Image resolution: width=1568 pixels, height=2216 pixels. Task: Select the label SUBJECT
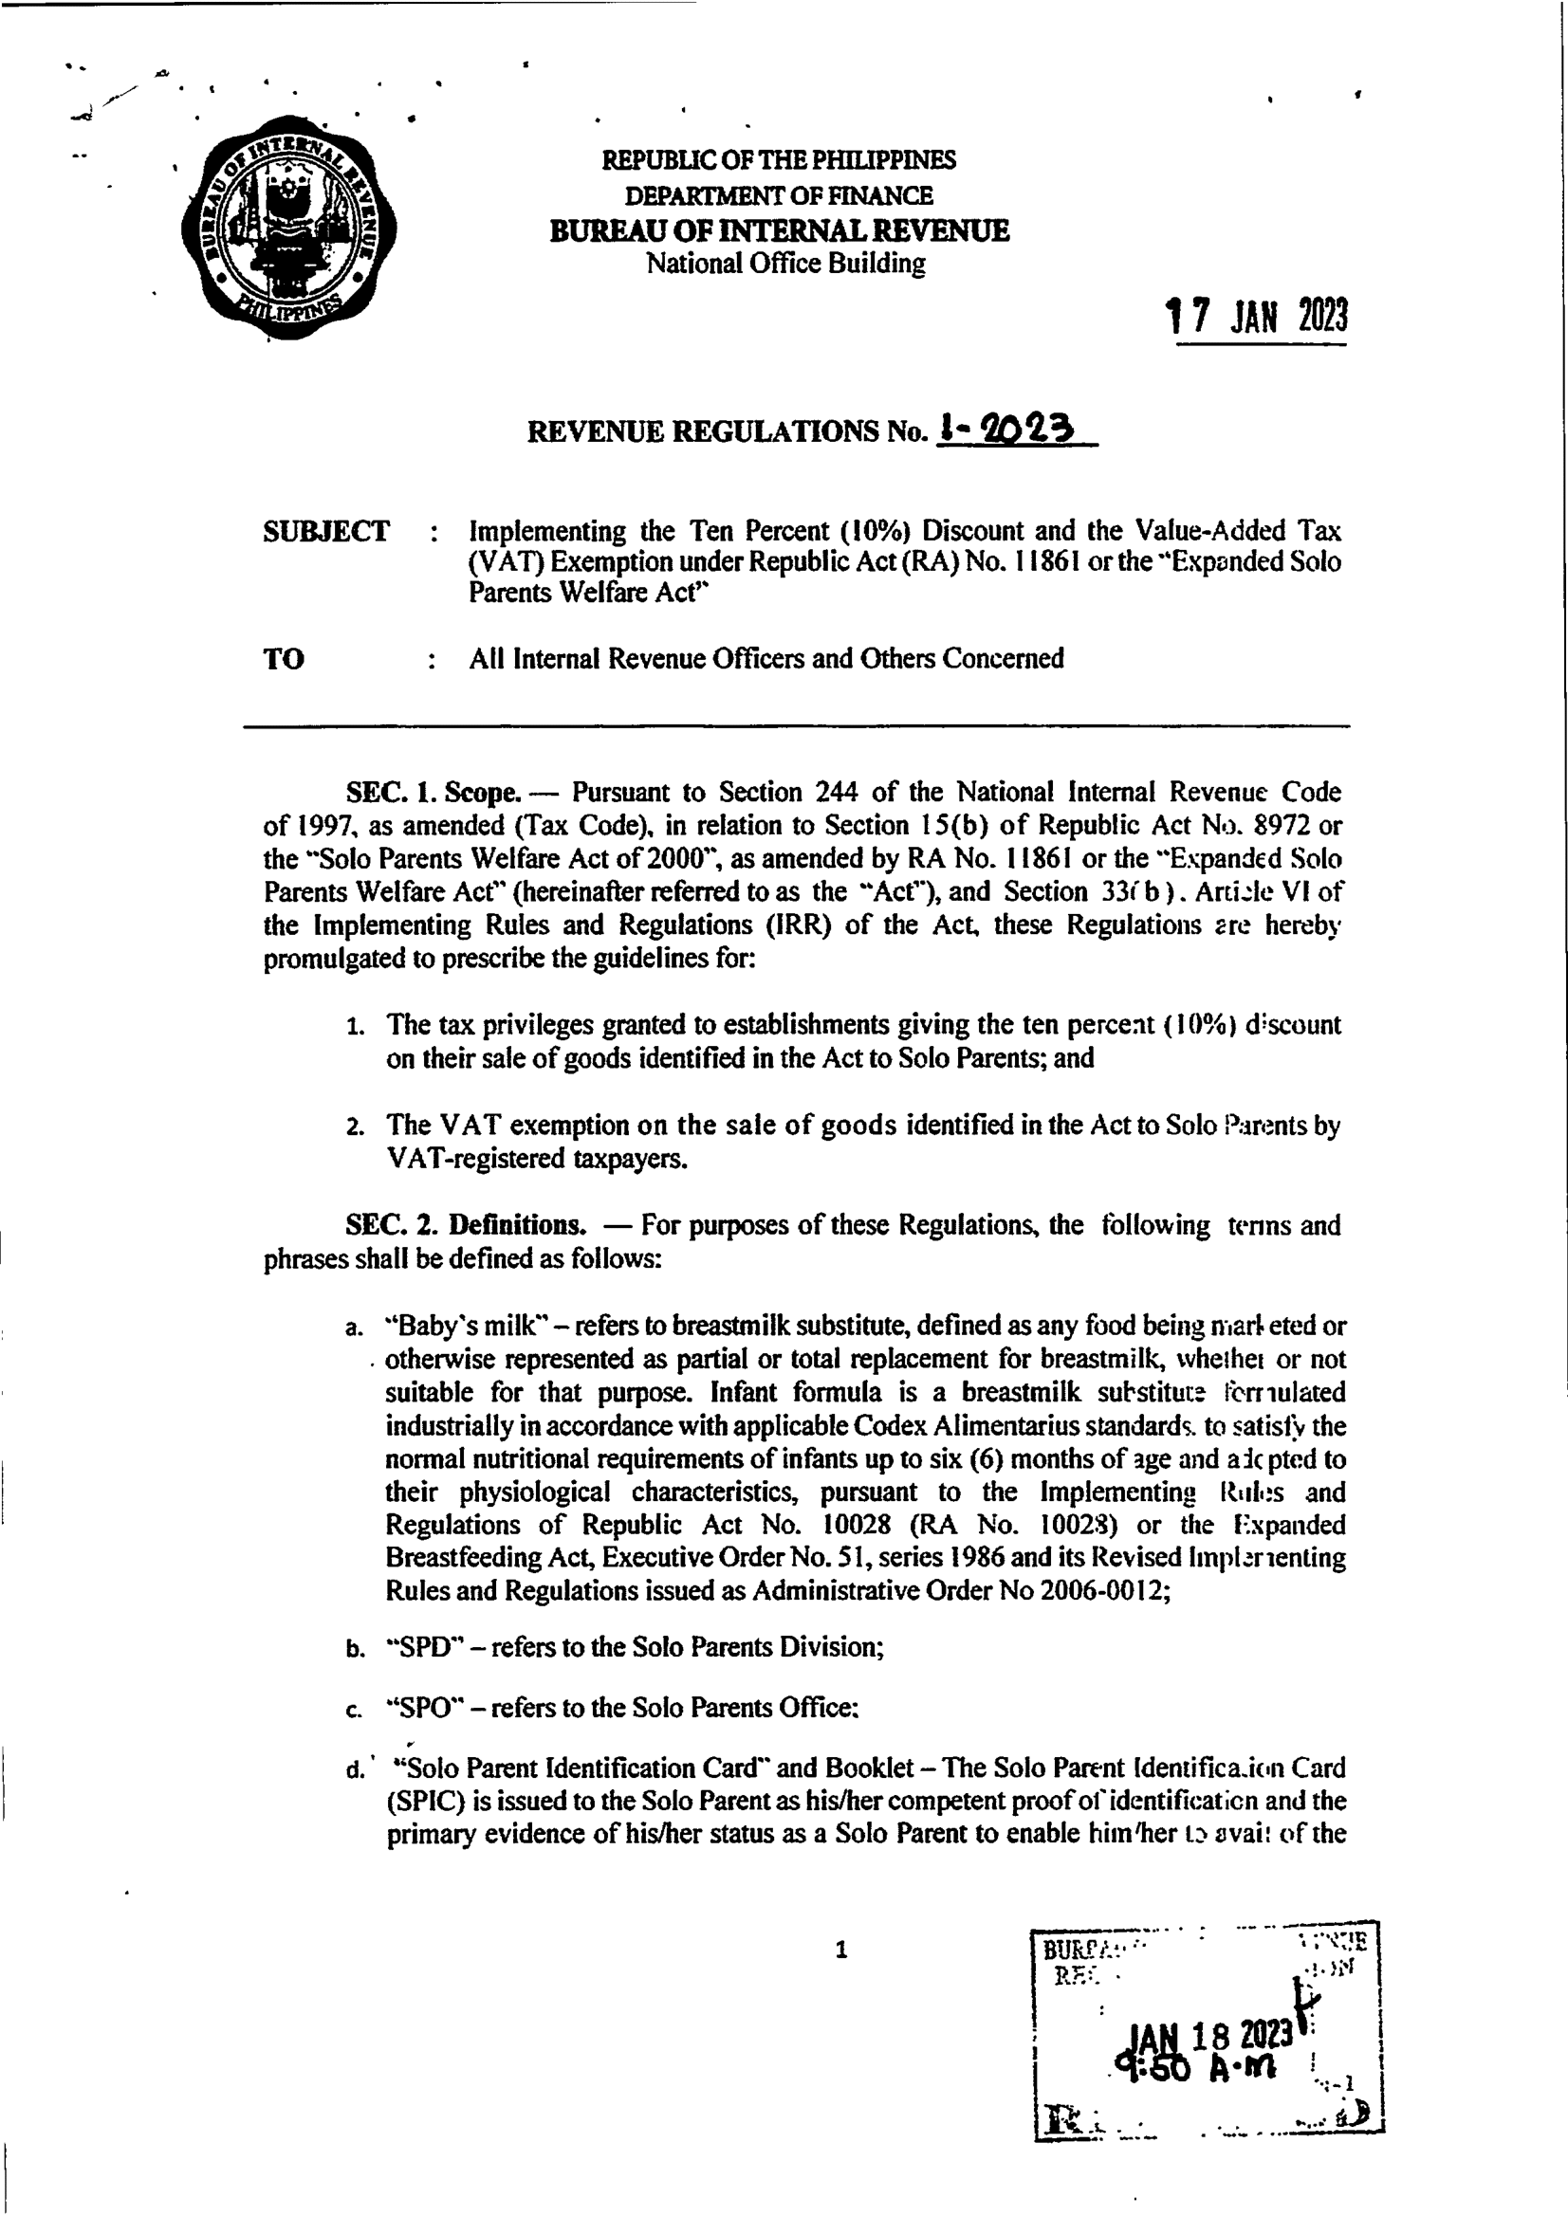coord(326,532)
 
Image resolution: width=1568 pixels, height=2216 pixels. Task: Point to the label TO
coord(284,659)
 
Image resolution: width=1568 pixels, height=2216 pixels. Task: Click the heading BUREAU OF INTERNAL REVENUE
coord(779,231)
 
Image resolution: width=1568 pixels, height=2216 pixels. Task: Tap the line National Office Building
coord(785,264)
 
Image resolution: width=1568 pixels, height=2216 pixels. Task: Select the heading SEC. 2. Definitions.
coord(467,1225)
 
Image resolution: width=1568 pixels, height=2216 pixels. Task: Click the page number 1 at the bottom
coord(840,1950)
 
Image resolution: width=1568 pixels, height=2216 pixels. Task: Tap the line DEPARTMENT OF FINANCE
coord(779,196)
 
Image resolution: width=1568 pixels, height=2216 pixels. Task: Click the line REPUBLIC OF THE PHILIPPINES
coord(779,160)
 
